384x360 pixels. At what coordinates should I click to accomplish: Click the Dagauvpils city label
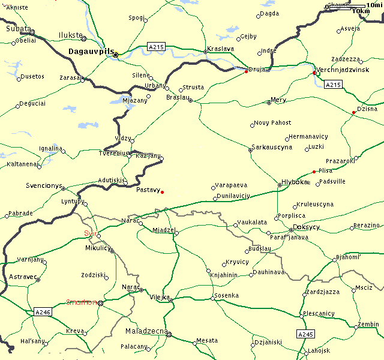click(x=91, y=52)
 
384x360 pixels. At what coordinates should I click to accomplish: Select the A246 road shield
click(x=43, y=312)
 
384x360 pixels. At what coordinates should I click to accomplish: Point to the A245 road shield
click(x=305, y=334)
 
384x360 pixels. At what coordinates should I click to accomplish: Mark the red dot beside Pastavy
click(x=163, y=192)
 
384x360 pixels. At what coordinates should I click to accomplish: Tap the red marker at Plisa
click(x=314, y=172)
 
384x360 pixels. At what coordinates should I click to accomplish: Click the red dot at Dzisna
click(x=353, y=112)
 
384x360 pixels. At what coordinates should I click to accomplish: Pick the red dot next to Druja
click(x=246, y=71)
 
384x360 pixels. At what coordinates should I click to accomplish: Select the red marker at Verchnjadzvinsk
click(x=314, y=73)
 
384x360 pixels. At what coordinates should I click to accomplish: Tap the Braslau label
click(x=178, y=97)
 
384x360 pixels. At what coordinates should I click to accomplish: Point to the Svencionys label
click(x=44, y=186)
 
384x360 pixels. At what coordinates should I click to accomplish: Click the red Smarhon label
click(x=82, y=302)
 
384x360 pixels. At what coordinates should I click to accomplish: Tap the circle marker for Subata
click(x=32, y=32)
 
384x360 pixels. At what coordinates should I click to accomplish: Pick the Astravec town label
click(x=23, y=277)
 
